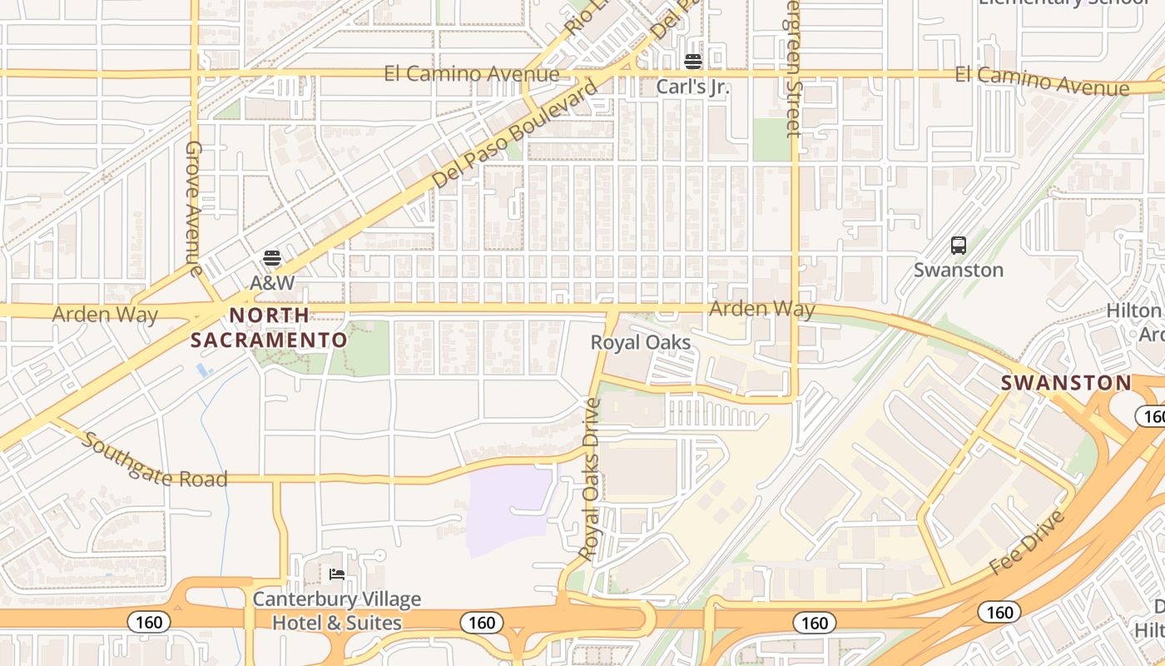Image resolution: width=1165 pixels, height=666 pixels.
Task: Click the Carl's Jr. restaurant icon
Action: coord(693,62)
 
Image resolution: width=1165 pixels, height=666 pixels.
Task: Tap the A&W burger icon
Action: coord(272,258)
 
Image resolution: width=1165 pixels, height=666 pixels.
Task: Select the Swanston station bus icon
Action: coord(959,246)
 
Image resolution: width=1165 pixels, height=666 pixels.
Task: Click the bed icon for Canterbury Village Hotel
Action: coord(337,574)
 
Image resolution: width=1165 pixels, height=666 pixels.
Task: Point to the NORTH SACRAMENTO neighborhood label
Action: coord(269,328)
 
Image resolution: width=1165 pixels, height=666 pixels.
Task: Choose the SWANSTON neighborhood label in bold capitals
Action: coord(1066,383)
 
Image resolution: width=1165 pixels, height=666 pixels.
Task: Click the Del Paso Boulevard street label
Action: coord(515,133)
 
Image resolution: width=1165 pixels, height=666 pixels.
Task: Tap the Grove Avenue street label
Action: coord(194,208)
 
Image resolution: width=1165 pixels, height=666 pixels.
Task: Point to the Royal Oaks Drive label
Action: coord(591,479)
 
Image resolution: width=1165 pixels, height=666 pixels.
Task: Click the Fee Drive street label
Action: coord(1029,543)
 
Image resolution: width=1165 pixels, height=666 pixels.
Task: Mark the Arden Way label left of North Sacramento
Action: coord(105,315)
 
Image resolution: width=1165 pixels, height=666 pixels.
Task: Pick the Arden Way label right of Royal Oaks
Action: coord(761,309)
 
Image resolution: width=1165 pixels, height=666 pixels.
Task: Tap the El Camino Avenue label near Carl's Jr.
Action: coord(472,74)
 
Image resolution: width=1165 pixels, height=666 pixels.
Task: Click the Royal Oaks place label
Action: coord(640,342)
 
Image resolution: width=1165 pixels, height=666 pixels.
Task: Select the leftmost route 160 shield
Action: coord(149,622)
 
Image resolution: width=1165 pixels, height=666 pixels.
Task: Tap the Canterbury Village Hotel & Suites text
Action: coord(337,611)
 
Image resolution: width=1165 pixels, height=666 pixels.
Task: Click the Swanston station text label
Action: coord(959,271)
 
